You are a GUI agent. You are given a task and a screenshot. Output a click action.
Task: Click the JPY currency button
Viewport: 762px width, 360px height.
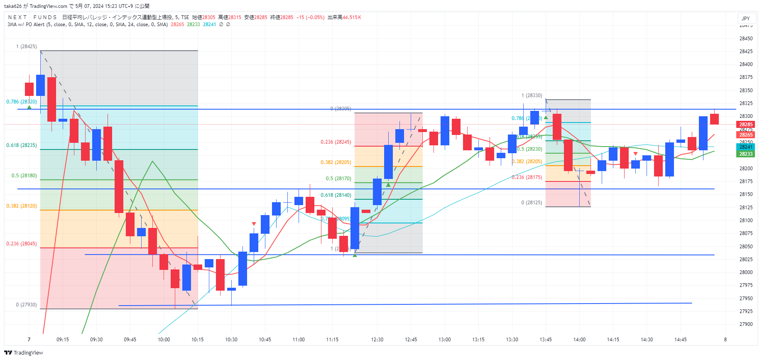click(x=746, y=18)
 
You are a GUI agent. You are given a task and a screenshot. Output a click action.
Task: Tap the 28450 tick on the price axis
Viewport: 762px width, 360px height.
click(x=746, y=39)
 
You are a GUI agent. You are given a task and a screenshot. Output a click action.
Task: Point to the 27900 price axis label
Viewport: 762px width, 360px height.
click(x=746, y=324)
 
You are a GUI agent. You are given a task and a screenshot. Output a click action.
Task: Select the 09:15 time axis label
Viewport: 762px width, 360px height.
click(x=63, y=340)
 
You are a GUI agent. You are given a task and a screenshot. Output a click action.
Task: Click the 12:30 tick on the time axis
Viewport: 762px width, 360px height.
click(x=377, y=340)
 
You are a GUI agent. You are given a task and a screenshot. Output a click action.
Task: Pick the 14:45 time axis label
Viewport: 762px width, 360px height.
click(x=680, y=340)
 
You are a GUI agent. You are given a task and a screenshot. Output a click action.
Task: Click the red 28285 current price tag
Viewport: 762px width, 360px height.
click(x=746, y=125)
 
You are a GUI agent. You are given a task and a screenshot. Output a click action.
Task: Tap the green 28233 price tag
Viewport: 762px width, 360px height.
click(x=746, y=154)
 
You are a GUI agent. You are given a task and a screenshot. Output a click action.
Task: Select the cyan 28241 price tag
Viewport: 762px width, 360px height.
click(x=746, y=147)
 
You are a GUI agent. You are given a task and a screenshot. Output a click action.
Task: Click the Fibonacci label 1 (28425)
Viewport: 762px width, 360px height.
click(x=26, y=47)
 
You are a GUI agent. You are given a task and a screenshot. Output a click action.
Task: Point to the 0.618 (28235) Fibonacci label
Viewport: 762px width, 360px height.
click(x=22, y=145)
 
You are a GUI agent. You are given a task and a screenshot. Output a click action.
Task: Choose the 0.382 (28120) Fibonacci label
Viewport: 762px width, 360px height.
click(x=22, y=206)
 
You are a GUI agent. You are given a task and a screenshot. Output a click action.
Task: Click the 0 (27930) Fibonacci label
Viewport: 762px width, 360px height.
click(x=26, y=305)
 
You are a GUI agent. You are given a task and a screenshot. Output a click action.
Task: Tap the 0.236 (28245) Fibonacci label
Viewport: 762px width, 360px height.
click(x=336, y=142)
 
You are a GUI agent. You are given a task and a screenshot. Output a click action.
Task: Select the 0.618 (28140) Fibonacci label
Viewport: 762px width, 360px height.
click(x=336, y=195)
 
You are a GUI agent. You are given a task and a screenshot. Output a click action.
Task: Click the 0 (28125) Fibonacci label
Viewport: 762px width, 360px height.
click(x=532, y=203)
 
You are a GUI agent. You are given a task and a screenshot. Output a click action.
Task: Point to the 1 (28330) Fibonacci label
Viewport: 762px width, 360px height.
click(x=532, y=96)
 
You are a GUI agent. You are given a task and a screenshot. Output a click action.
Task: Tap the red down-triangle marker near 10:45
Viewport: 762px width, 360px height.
click(x=254, y=224)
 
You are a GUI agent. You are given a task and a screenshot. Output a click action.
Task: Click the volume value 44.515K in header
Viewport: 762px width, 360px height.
click(x=352, y=17)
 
